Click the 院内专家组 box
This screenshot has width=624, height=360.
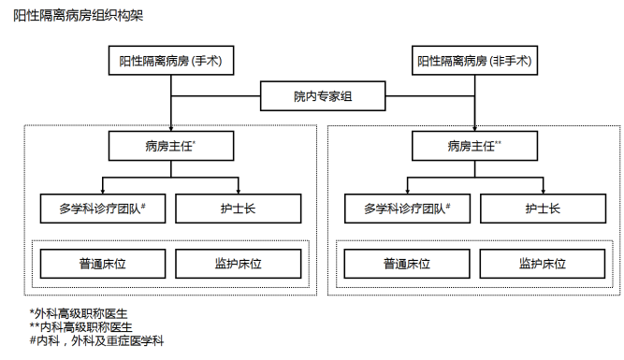tap(322, 95)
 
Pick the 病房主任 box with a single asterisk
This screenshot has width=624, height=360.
tap(169, 146)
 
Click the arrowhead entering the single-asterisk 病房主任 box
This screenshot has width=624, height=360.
tap(169, 128)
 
